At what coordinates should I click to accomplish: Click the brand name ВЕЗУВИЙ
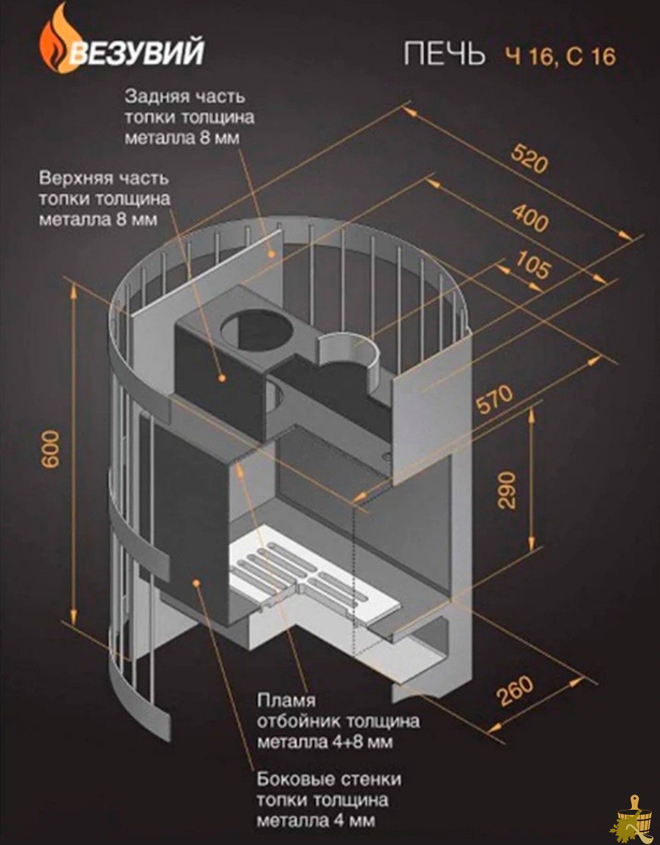pyautogui.click(x=137, y=51)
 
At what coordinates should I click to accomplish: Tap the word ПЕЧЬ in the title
pyautogui.click(x=444, y=54)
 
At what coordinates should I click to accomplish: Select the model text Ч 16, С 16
pyautogui.click(x=560, y=56)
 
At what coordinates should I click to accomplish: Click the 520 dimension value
pyautogui.click(x=529, y=159)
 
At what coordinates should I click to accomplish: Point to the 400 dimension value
pyautogui.click(x=530, y=218)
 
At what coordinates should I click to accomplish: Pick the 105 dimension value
pyautogui.click(x=533, y=265)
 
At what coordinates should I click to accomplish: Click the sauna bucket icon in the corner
pyautogui.click(x=634, y=818)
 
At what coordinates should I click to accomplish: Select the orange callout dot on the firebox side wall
pyautogui.click(x=197, y=581)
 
